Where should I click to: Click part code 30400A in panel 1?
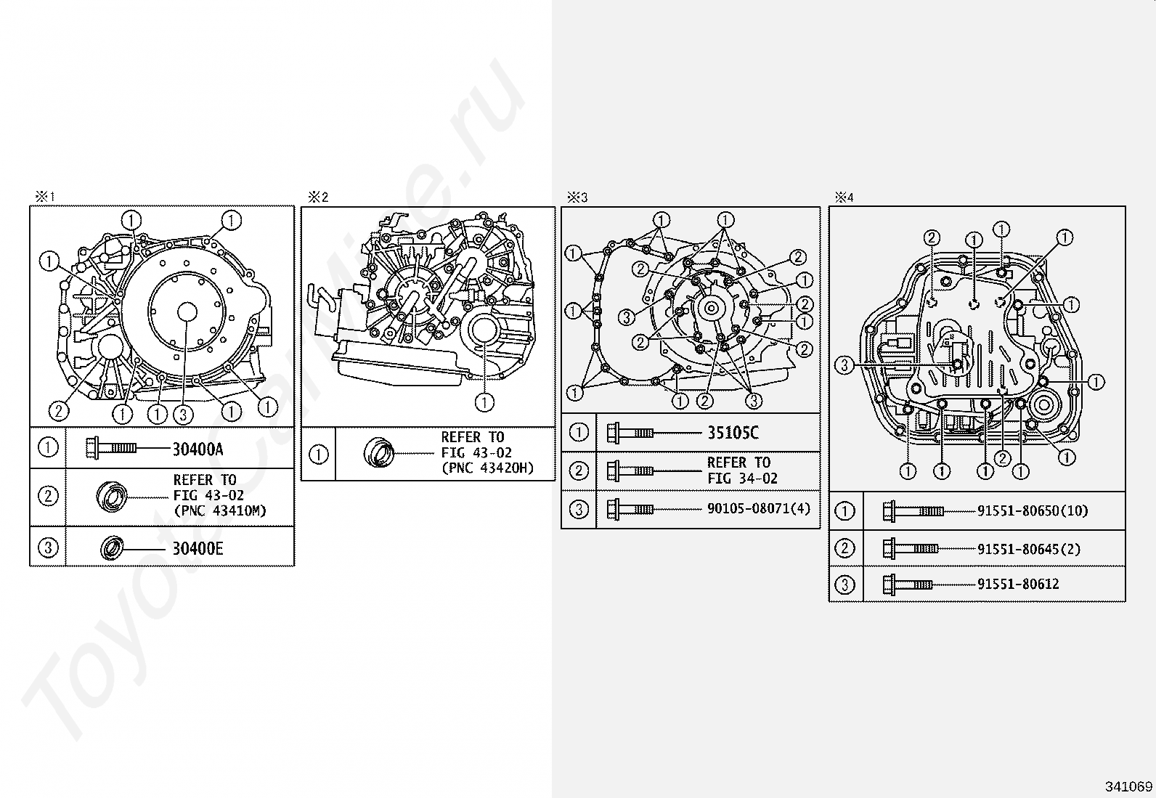tap(198, 449)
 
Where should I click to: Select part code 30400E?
tap(198, 548)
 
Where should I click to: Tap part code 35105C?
tap(733, 433)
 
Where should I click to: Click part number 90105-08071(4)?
tap(759, 508)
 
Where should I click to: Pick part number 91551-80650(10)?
tap(1033, 511)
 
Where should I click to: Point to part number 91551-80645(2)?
tap(1029, 549)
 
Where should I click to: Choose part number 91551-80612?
tap(1018, 584)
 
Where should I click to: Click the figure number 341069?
tap(1128, 786)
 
